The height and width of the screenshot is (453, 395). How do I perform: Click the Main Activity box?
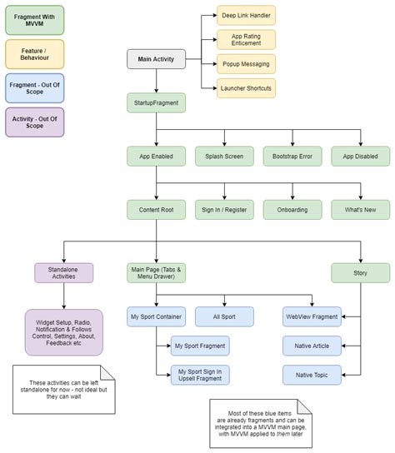click(156, 59)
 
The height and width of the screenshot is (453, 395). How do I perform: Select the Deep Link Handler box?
click(246, 16)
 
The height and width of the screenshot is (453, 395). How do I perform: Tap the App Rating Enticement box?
click(246, 40)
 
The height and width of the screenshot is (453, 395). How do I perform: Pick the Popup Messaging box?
click(246, 64)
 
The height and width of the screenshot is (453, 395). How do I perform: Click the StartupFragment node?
click(156, 103)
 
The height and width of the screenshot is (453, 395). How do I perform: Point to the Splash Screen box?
click(223, 156)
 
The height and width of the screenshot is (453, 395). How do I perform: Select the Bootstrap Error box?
click(292, 156)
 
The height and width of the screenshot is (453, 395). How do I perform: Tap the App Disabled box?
click(360, 156)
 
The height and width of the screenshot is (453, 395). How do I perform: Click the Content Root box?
click(156, 210)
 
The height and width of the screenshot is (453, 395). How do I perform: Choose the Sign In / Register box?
click(223, 210)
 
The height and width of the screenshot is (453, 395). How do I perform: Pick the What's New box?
click(360, 210)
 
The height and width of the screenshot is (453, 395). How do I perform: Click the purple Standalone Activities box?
click(64, 272)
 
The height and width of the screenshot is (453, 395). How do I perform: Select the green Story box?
click(360, 272)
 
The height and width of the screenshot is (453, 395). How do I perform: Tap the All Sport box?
click(224, 316)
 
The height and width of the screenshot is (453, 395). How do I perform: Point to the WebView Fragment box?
click(311, 316)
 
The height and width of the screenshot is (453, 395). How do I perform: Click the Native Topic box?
click(311, 375)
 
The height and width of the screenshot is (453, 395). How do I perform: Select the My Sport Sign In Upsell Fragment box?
click(200, 375)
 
